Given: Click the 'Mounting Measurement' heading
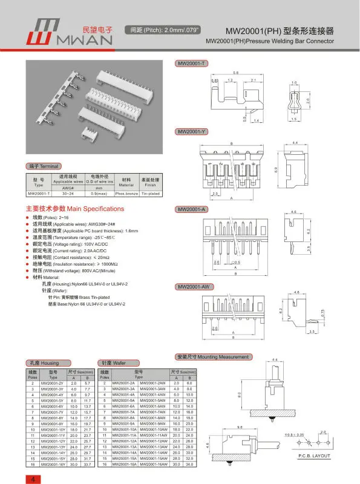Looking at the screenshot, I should (x=212, y=358).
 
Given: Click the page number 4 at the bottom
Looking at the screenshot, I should (x=30, y=479).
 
